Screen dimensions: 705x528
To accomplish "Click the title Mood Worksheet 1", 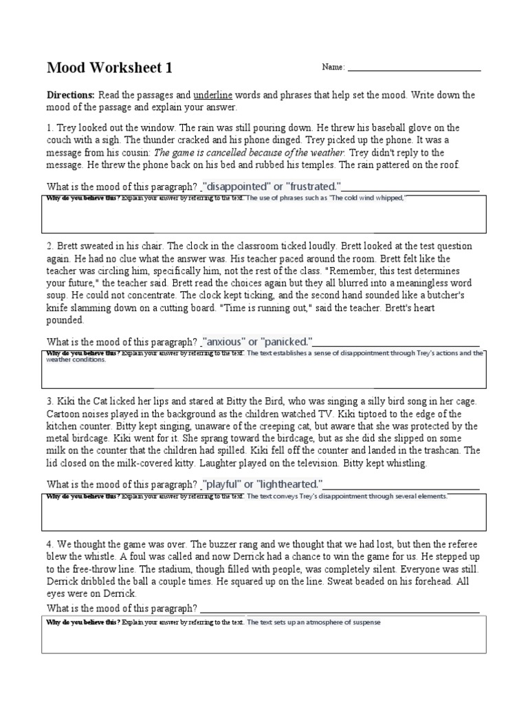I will coord(109,67).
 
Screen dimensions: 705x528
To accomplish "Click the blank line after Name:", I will coord(414,68).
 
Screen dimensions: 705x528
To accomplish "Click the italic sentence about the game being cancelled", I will coord(251,153).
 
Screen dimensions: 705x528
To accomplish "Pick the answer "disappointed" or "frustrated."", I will coord(272,187).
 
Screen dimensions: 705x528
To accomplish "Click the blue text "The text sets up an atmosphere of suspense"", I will coord(313,622).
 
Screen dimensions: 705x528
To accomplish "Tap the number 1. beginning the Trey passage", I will coord(50,128).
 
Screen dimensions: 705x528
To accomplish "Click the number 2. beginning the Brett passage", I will coord(50,246).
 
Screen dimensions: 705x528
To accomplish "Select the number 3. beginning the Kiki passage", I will coord(50,401).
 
